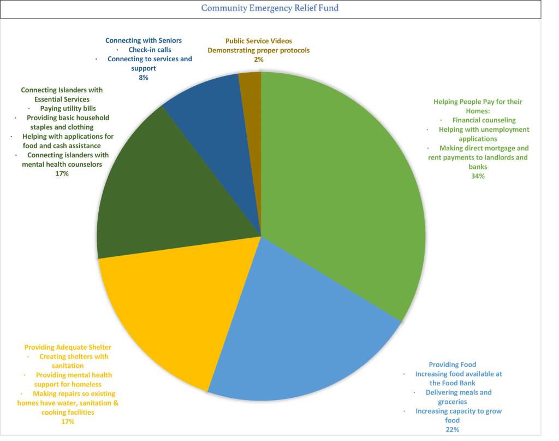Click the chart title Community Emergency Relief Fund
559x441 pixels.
tap(270, 8)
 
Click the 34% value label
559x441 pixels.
tap(478, 176)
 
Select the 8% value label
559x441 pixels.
tap(143, 78)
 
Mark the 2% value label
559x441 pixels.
tap(258, 60)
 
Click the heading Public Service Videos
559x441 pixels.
tap(258, 41)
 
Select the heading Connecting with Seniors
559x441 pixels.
tap(144, 40)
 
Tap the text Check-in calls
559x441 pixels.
tap(150, 50)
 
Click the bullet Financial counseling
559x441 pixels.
tap(484, 120)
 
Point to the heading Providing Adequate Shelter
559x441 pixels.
tap(68, 347)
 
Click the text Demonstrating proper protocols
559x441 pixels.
tap(258, 50)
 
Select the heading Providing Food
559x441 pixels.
tap(452, 364)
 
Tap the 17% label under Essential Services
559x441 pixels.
tap(62, 173)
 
